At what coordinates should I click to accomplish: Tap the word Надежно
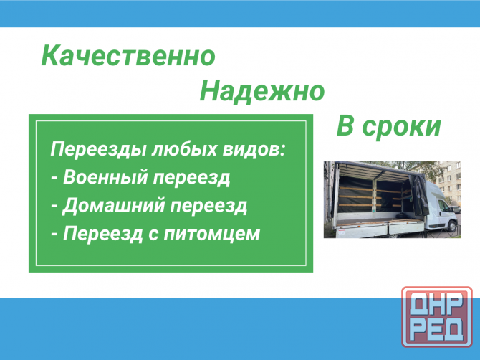tap(261, 91)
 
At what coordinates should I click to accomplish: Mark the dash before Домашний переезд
tap(54, 207)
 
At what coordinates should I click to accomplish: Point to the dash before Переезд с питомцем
tap(54, 234)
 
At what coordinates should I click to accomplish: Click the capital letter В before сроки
tap(346, 126)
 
